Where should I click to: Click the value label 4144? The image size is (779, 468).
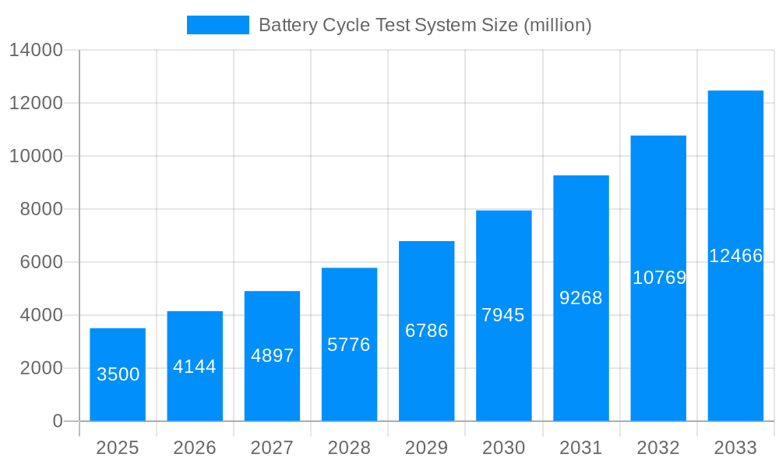pos(195,367)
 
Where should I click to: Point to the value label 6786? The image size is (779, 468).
pos(426,331)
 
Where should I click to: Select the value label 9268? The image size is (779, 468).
pos(581,298)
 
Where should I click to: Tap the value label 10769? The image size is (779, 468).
pos(659,278)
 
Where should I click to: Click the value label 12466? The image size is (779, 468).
pos(735,256)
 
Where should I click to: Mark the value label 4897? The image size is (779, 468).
pos(272,356)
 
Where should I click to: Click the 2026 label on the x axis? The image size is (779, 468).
pos(195,448)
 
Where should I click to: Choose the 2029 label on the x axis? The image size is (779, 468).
pos(426,448)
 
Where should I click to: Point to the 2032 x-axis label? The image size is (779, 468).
pos(658,448)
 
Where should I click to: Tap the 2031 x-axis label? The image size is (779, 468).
pos(581,448)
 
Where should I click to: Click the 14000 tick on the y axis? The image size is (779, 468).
pos(35,51)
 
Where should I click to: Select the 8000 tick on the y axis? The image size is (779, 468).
pos(41,209)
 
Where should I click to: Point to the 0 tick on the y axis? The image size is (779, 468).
pos(58,421)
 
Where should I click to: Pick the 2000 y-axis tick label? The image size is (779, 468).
pos(41,368)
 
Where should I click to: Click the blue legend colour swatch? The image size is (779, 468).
pos(218,25)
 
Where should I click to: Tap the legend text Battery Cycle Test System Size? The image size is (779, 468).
pos(425,25)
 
